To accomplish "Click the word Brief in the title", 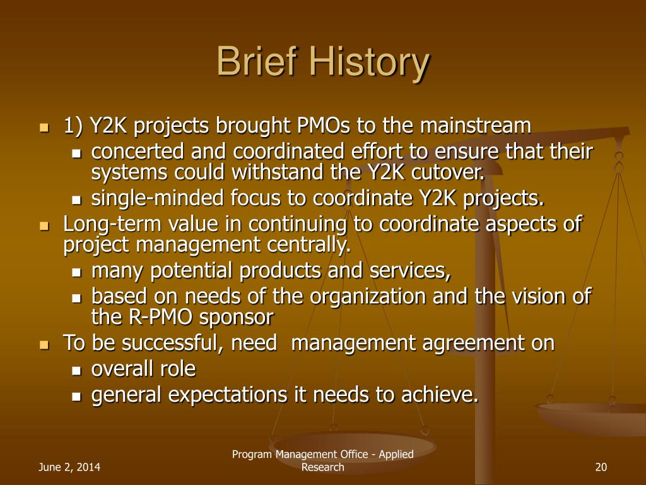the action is tap(256, 61).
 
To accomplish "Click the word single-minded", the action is tap(157, 198).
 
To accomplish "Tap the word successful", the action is tap(173, 343).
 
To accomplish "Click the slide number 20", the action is tap(601, 467).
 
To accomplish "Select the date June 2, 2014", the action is tap(69, 467).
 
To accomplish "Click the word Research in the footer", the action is tap(322, 467).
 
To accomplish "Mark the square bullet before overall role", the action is tap(76, 370).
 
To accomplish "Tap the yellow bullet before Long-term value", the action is tap(44, 226).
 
